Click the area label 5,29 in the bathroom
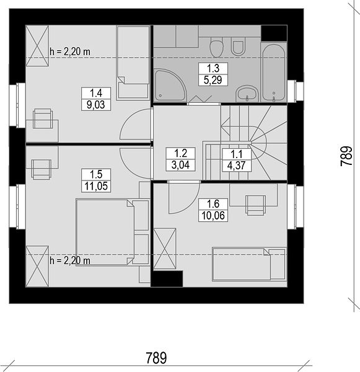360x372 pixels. coord(213,80)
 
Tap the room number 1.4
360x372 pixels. coord(96,93)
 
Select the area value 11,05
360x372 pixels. coord(96,186)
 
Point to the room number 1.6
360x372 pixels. coord(213,204)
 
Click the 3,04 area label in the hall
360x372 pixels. coord(181,165)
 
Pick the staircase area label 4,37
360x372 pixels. coord(237,166)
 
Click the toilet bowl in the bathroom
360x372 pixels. coord(217,48)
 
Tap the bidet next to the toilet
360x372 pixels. coord(237,48)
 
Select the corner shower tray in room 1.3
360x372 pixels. coord(170,86)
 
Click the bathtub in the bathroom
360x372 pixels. coord(274,73)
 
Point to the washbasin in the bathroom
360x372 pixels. coord(247,93)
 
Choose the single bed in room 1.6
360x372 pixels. coord(249,264)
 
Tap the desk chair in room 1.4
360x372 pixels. coord(43,118)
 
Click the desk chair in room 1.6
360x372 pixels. coord(255,205)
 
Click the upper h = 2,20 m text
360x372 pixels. coord(70,51)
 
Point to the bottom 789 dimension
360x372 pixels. coord(156,358)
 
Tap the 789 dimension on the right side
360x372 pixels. coord(346,156)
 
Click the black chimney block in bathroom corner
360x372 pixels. coord(274,33)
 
